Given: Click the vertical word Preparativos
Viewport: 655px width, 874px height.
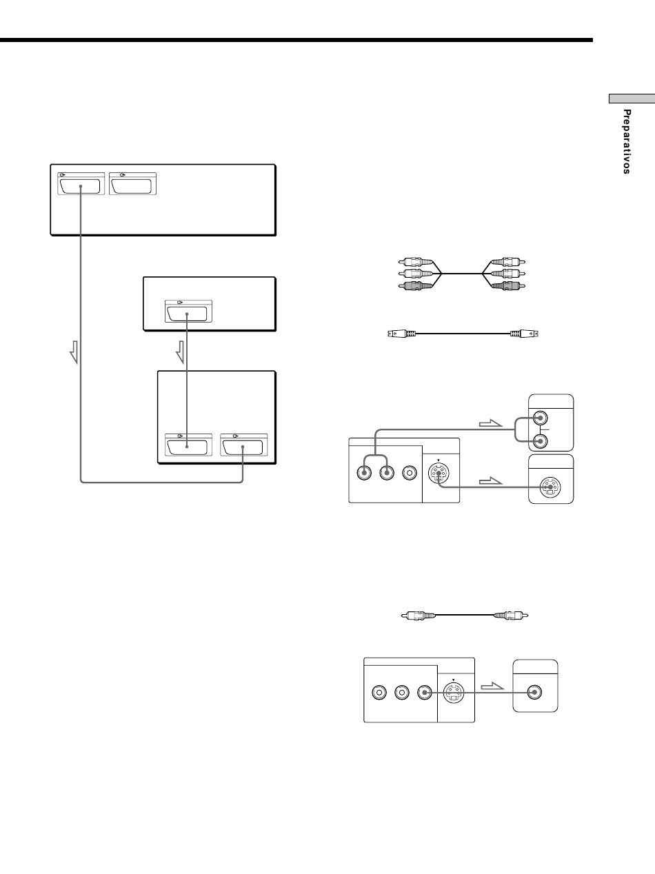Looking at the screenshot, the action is pos(627,142).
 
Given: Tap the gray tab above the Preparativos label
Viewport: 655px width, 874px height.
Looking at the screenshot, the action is pos(632,99).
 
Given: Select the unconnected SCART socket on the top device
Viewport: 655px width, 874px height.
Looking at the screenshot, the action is pos(132,186).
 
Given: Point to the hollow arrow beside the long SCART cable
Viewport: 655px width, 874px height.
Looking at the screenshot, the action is pos(74,352).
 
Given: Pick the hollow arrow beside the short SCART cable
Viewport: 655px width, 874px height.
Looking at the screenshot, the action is pos(180,352).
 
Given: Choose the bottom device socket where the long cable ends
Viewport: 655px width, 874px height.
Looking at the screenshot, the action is pos(243,447).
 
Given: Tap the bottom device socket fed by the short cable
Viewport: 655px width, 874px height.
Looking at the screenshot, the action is pos(188,447).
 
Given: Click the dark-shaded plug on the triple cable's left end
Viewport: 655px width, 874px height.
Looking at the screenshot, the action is pos(415,285).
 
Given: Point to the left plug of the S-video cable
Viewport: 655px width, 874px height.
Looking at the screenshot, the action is pos(401,334).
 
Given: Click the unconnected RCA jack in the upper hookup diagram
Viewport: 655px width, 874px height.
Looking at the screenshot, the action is pos(410,473).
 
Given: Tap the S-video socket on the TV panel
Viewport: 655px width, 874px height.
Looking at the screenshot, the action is pos(550,487).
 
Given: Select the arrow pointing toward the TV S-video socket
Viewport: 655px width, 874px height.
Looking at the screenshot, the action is pos(490,481).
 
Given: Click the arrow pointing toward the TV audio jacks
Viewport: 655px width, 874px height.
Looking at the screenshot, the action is pos(490,424).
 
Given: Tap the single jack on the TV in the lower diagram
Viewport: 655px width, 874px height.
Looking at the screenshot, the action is pos(534,693).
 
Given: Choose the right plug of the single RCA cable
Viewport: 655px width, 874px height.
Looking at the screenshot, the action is pos(511,616).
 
